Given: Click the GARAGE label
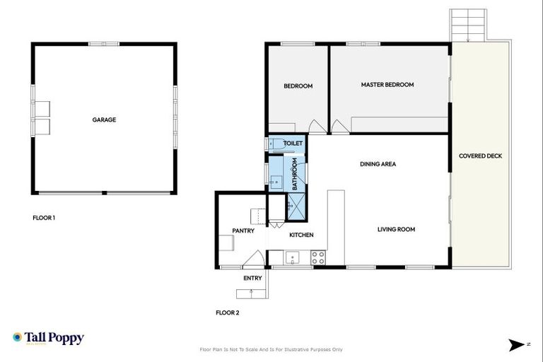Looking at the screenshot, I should pyautogui.click(x=104, y=120).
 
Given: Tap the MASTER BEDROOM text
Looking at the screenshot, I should pyautogui.click(x=387, y=85).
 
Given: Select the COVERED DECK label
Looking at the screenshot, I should pyautogui.click(x=480, y=156).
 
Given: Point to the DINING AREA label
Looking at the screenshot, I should pyautogui.click(x=378, y=164).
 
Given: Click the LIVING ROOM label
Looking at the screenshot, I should pyautogui.click(x=396, y=229).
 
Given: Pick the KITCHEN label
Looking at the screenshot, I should pyautogui.click(x=301, y=235).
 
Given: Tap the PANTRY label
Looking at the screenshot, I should pyautogui.click(x=243, y=230).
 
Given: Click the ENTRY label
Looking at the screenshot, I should pyautogui.click(x=252, y=278).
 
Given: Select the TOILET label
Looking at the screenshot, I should pyautogui.click(x=293, y=144).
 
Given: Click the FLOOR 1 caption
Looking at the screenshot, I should pyautogui.click(x=44, y=218).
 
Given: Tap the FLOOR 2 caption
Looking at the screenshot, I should pyautogui.click(x=227, y=312).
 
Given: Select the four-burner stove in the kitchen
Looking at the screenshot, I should pyautogui.click(x=318, y=258).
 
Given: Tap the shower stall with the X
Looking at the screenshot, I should pyautogui.click(x=296, y=206).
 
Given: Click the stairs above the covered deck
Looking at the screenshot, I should pyautogui.click(x=468, y=25).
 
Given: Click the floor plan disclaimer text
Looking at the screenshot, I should pyautogui.click(x=271, y=349).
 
